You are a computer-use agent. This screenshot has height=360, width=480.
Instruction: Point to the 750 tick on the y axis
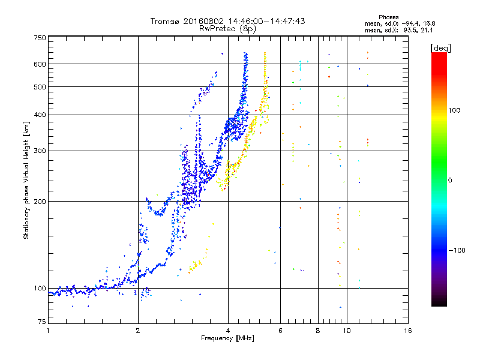pyautogui.click(x=40, y=37)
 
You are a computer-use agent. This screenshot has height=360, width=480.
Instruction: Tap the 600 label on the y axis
pyautogui.click(x=40, y=64)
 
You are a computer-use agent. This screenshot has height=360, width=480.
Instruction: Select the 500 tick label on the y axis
pyautogui.click(x=40, y=86)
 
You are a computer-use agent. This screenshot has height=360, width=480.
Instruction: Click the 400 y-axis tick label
pyautogui.click(x=40, y=115)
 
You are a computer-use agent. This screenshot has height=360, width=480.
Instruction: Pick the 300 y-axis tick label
pyautogui.click(x=40, y=151)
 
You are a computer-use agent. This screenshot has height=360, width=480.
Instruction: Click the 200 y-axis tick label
pyautogui.click(x=40, y=201)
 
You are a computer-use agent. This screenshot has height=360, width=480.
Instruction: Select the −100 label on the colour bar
pyautogui.click(x=457, y=250)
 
